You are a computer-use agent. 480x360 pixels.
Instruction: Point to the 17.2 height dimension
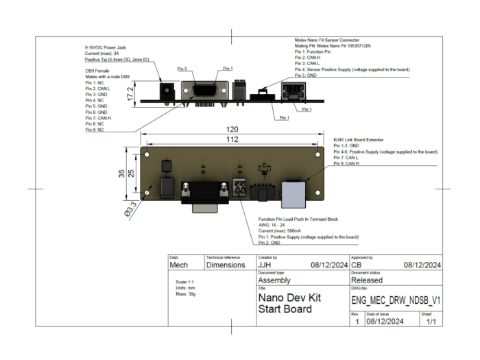point(130,93)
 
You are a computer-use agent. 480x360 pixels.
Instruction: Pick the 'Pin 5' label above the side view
point(181,69)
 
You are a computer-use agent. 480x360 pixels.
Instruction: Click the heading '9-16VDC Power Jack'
point(105,47)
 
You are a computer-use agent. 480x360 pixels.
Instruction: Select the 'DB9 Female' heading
point(97,70)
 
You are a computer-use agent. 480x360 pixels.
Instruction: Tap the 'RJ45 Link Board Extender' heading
point(363,139)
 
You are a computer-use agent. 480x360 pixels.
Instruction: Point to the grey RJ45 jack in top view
point(293,193)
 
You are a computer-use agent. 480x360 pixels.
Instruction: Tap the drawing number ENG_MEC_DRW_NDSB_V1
point(396,300)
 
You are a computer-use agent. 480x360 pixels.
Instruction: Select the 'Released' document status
point(372,280)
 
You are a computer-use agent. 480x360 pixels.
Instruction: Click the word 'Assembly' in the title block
point(274,280)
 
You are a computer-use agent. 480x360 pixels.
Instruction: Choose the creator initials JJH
point(265,265)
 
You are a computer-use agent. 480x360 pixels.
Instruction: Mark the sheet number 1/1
point(431,320)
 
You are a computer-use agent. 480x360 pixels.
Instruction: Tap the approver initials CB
point(357,265)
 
